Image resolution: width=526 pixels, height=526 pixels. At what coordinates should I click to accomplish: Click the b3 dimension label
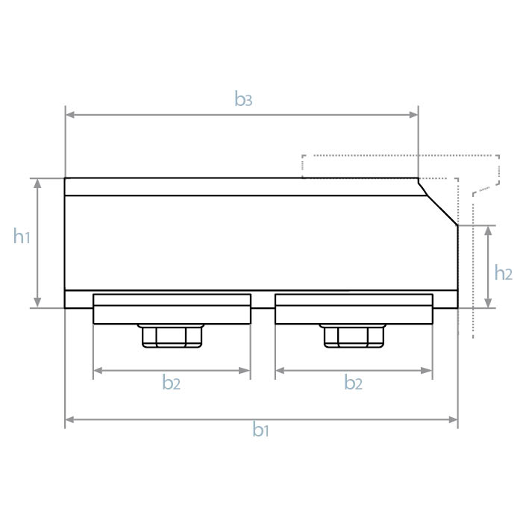(x=243, y=99)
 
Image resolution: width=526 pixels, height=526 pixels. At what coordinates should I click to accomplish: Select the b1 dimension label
(x=260, y=430)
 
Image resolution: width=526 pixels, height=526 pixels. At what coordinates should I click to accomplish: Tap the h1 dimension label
(x=22, y=237)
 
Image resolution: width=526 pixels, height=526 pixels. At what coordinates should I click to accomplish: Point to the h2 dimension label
(x=504, y=272)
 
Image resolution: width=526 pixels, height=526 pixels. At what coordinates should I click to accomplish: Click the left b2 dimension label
(x=172, y=383)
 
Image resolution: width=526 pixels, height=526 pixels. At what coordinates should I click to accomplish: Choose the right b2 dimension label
(x=354, y=383)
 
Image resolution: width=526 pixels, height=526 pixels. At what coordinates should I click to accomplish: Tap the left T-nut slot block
(x=172, y=309)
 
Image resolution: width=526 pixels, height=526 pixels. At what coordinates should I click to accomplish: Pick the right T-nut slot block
(x=354, y=309)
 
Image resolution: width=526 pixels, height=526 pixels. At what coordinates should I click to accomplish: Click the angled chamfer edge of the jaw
(x=439, y=201)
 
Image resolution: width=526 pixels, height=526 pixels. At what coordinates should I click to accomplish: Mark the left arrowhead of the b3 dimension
(x=70, y=115)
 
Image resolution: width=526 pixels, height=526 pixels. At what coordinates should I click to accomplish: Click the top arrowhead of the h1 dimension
(x=37, y=184)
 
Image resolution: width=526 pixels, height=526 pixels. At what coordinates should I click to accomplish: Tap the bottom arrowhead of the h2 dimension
(x=488, y=302)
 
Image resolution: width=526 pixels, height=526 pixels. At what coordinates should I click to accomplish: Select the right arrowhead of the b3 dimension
(x=413, y=115)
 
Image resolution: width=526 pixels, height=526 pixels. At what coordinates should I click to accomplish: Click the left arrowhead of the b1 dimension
(x=70, y=421)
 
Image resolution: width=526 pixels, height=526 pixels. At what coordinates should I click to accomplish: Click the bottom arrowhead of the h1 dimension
(x=37, y=302)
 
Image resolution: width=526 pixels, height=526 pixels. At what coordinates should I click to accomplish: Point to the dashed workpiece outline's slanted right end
(x=497, y=175)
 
